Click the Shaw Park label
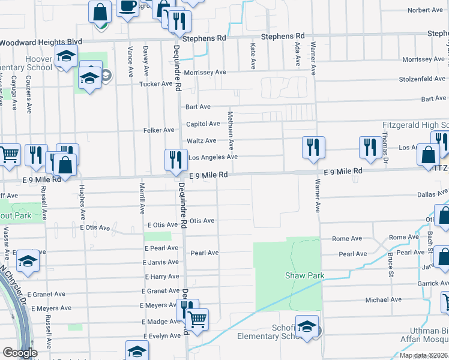[304, 276]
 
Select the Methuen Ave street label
[231, 130]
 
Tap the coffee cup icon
[127, 7]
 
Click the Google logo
[19, 353]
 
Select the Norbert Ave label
[425, 10]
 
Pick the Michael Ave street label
[384, 299]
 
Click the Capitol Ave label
[203, 124]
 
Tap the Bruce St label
[390, 260]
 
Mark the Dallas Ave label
[433, 194]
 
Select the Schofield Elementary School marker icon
[307, 328]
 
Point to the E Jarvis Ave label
[161, 262]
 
